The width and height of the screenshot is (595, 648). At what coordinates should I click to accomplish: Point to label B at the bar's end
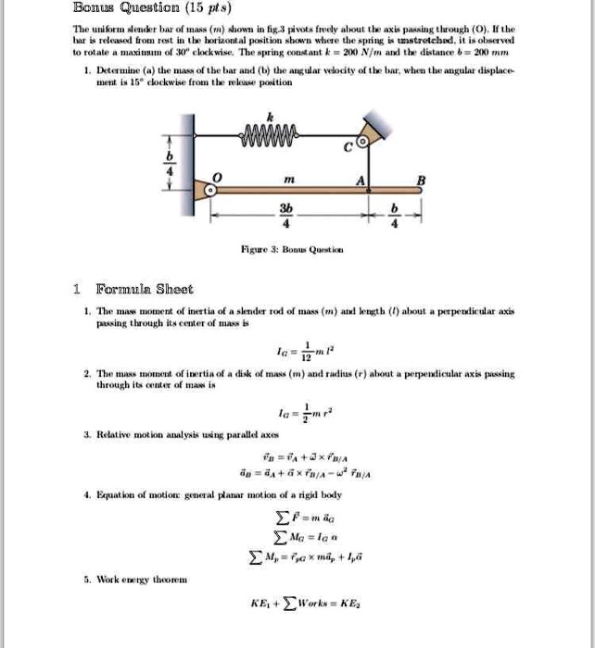[422, 180]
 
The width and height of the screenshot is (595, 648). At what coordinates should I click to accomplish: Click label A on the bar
[368, 181]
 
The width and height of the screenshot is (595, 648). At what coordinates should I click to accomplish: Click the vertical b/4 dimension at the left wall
[170, 162]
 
